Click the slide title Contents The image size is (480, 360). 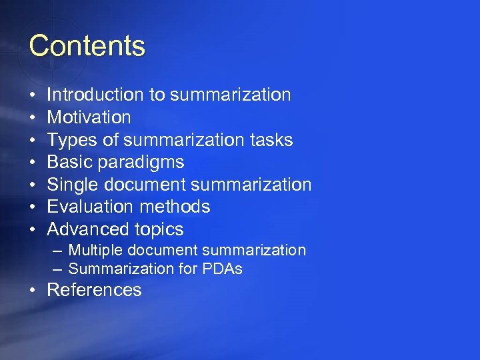click(87, 46)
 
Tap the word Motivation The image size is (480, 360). click(89, 117)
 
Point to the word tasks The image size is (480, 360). click(271, 140)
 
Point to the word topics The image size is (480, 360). click(159, 230)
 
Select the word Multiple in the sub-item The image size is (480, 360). click(95, 251)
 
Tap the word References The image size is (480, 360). click(95, 290)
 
